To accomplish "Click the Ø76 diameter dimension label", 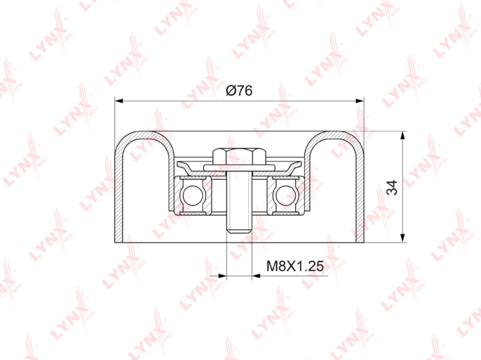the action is pyautogui.click(x=239, y=91).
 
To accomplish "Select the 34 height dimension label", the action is pyautogui.click(x=392, y=187).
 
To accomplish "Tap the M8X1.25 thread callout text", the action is pyautogui.click(x=295, y=266).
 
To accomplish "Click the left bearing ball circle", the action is pyautogui.click(x=193, y=195).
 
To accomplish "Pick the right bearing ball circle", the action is pyautogui.click(x=286, y=195).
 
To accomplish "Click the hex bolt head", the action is pyautogui.click(x=239, y=156).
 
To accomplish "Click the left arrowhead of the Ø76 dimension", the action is pyautogui.click(x=119, y=100).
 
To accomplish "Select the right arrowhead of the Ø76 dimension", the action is pyautogui.click(x=359, y=100).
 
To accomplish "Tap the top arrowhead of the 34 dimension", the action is pyautogui.click(x=402, y=136).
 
